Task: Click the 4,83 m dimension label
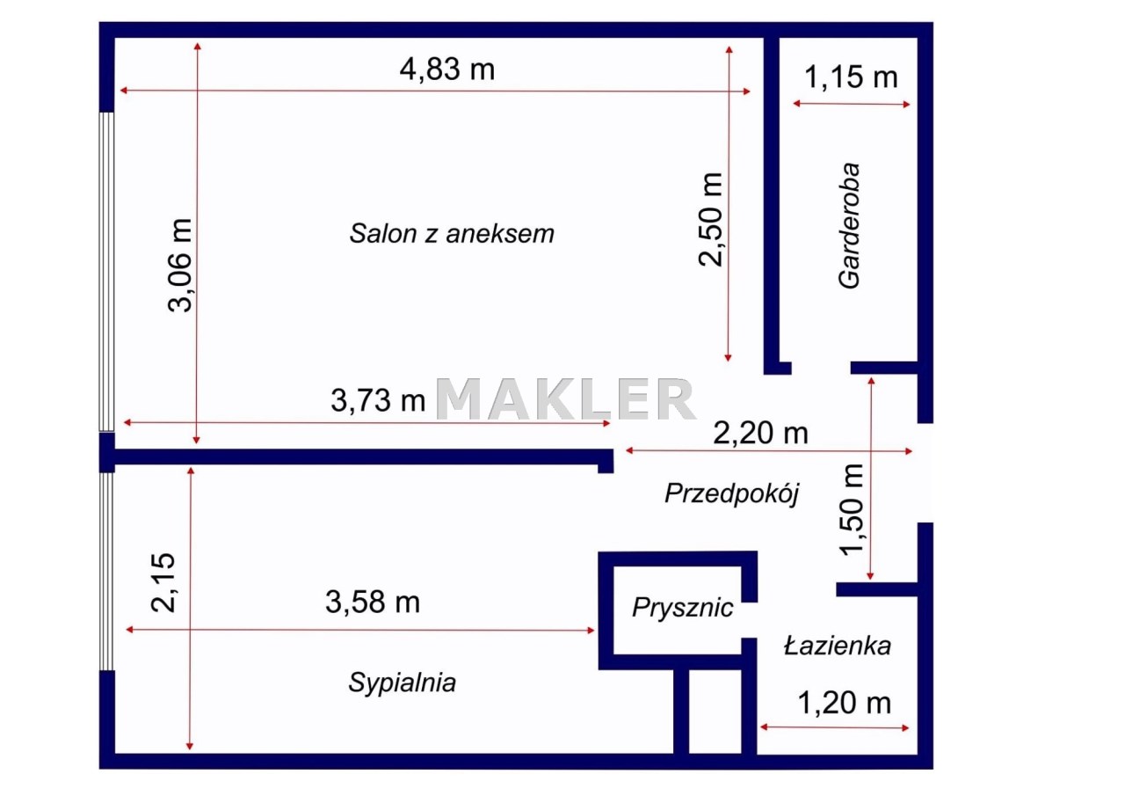pyautogui.click(x=447, y=69)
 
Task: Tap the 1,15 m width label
pyautogui.click(x=851, y=77)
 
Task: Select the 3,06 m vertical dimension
pyautogui.click(x=180, y=266)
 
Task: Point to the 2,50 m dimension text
pyautogui.click(x=711, y=220)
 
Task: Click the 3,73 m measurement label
pyautogui.click(x=378, y=400)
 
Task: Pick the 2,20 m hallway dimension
pyautogui.click(x=760, y=433)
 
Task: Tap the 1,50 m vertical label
pyautogui.click(x=853, y=509)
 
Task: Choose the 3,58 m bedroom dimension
pyautogui.click(x=373, y=602)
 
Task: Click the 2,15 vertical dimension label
pyautogui.click(x=163, y=583)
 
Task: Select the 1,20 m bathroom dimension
pyautogui.click(x=845, y=703)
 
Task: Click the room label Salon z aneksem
pyautogui.click(x=452, y=234)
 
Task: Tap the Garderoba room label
pyautogui.click(x=849, y=226)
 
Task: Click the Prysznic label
pyautogui.click(x=683, y=608)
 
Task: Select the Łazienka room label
pyautogui.click(x=838, y=646)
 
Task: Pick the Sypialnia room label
pyautogui.click(x=403, y=683)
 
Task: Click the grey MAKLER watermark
pyautogui.click(x=566, y=399)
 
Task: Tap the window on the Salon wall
pyautogui.click(x=106, y=272)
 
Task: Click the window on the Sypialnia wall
pyautogui.click(x=106, y=572)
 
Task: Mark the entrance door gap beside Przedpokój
pyautogui.click(x=925, y=473)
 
